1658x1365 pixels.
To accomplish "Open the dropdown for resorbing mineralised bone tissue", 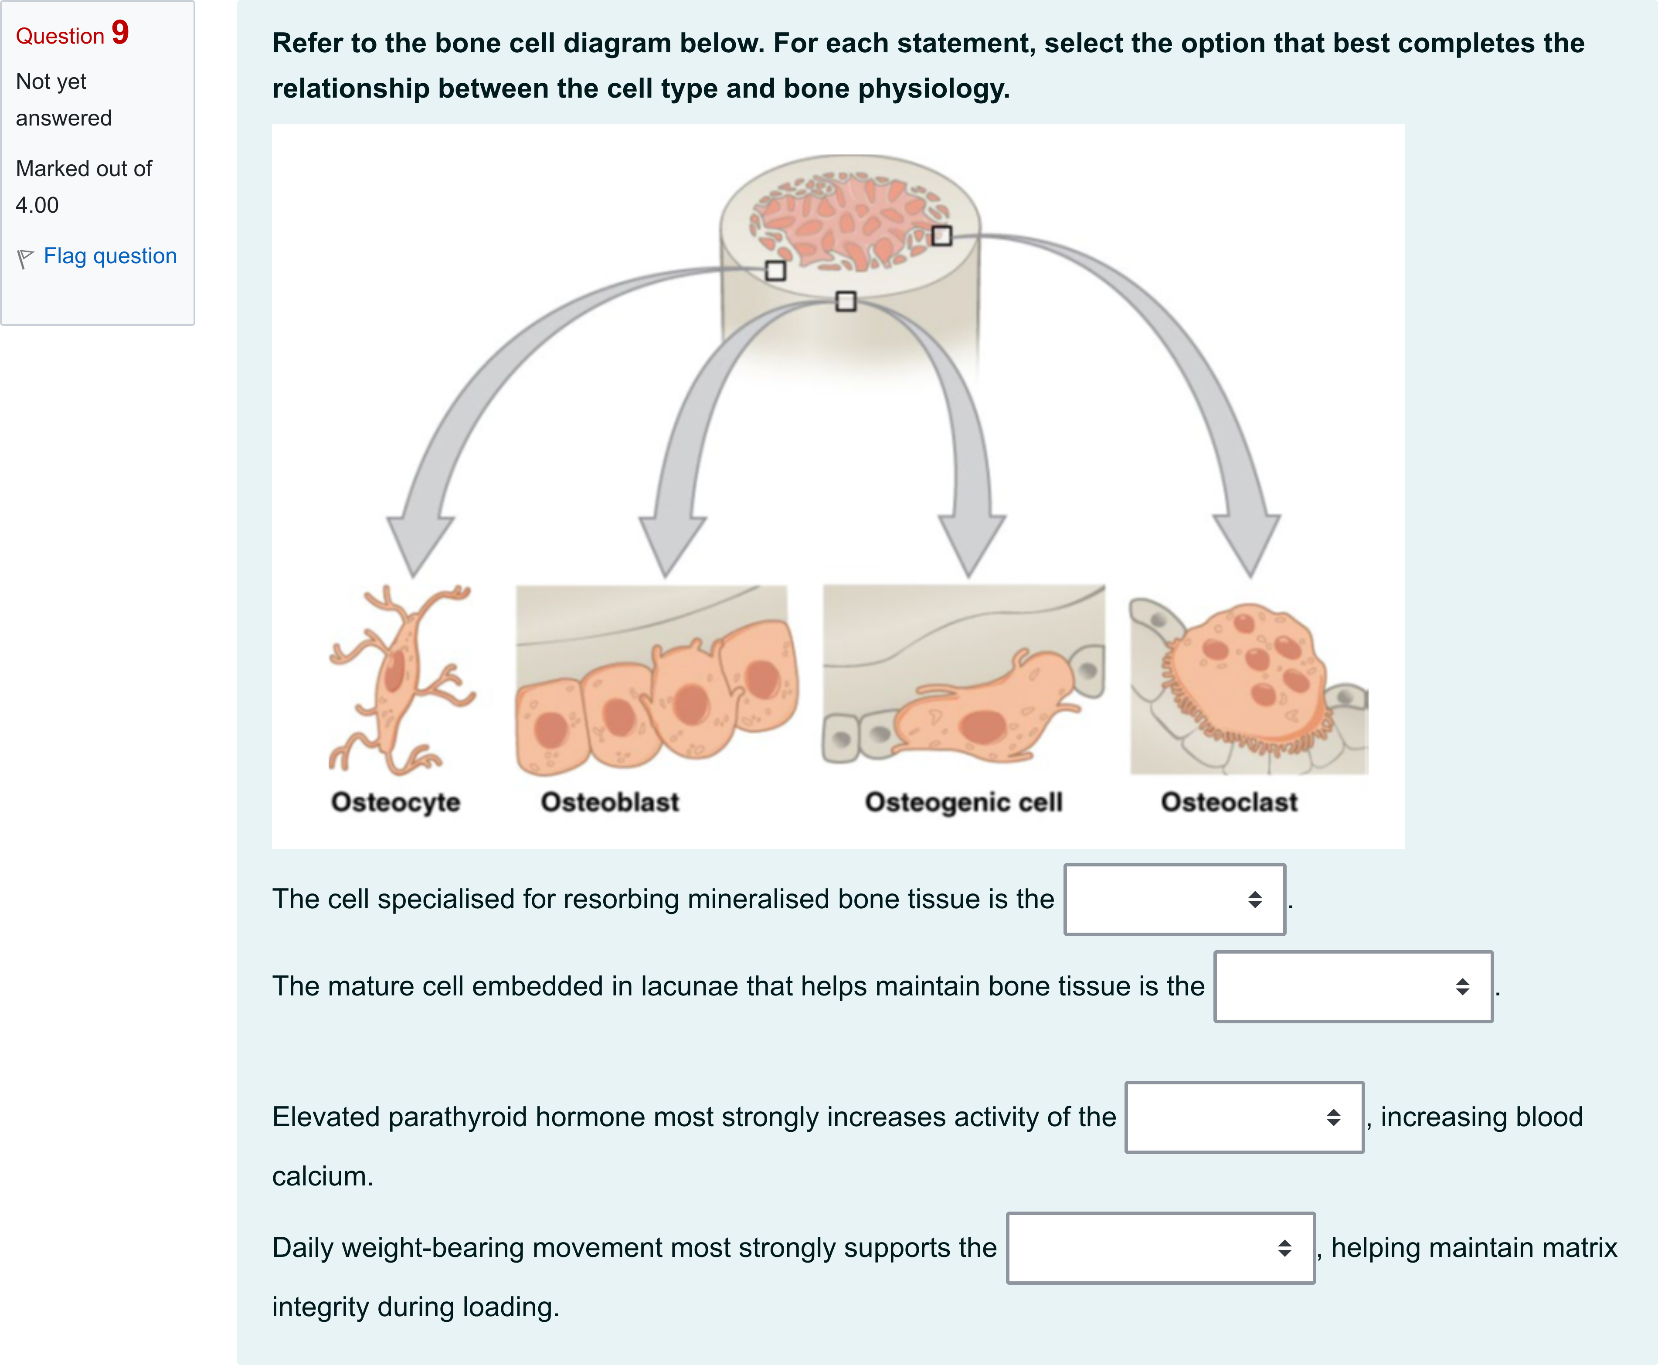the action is click(x=1175, y=900).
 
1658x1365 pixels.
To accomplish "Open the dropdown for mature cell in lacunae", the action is click(x=1353, y=987).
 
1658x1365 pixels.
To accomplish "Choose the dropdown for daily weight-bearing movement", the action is click(x=1160, y=1248).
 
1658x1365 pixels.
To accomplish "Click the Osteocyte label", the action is click(x=395, y=802).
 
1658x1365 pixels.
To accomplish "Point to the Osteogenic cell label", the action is click(x=964, y=802).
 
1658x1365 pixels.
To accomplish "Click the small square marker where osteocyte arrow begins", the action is click(x=775, y=271).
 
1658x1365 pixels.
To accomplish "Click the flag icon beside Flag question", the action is click(x=25, y=258).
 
